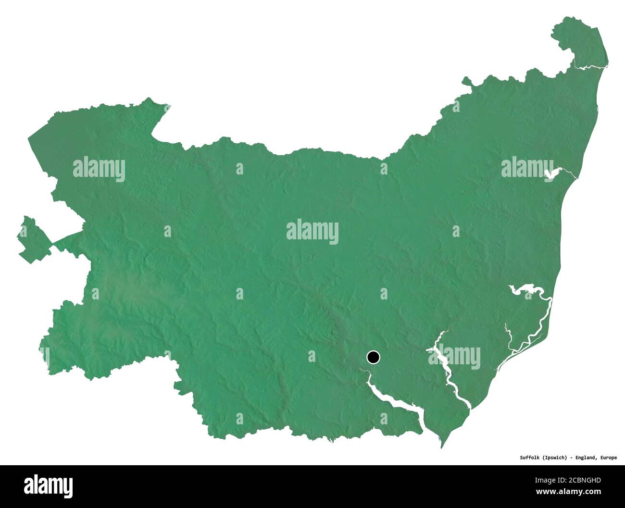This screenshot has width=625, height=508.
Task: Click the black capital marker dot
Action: tap(373, 357)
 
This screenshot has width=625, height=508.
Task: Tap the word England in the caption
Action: tap(586, 458)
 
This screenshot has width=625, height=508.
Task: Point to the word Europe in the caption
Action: tap(608, 458)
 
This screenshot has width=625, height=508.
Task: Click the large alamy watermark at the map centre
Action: tap(312, 232)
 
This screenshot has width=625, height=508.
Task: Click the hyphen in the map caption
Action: tap(571, 458)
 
